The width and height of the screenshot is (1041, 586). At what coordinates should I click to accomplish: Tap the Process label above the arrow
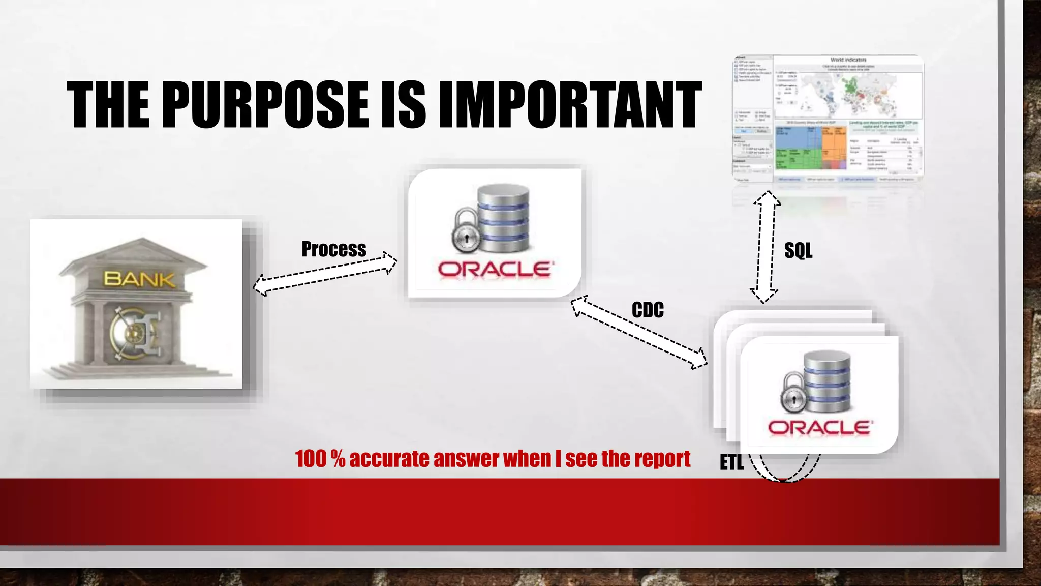point(333,249)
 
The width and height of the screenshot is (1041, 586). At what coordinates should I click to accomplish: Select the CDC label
point(648,310)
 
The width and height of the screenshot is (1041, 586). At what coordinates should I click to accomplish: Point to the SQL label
point(798,250)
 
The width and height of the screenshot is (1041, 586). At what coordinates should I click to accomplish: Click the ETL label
point(731,462)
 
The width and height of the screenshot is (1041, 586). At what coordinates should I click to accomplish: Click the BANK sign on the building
point(139,279)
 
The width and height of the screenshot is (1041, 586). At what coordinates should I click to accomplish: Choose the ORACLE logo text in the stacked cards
point(820,428)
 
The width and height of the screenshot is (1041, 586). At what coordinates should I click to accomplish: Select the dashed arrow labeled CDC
point(639,333)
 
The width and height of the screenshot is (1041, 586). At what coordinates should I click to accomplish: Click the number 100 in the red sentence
point(311,459)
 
